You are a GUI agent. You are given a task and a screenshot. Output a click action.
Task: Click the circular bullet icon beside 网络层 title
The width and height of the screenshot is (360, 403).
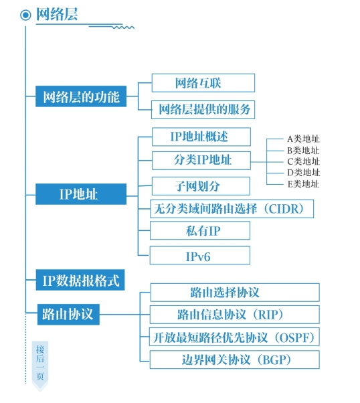25,15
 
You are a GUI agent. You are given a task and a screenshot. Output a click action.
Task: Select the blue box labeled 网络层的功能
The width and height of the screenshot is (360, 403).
81,96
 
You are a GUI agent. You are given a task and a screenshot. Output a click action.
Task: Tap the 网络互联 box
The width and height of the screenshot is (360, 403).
203,83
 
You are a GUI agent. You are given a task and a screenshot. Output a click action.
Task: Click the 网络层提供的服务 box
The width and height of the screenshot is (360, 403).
203,110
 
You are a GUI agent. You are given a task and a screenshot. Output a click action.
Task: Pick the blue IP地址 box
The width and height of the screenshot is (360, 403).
81,194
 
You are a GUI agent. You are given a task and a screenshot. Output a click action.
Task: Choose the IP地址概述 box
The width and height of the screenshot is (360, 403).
201,137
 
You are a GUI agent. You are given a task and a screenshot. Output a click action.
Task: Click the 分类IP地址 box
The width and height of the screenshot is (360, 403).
201,161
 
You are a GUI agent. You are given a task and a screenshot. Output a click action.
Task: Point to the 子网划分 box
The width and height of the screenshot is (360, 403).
201,186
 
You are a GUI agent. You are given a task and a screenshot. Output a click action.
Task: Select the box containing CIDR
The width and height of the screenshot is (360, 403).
232,209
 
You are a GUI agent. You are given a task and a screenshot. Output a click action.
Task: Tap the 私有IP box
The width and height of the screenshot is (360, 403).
200,230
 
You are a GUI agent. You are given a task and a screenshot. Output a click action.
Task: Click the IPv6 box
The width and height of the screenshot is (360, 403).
200,255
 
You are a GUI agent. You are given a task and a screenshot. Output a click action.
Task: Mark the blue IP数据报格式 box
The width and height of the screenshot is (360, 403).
80,280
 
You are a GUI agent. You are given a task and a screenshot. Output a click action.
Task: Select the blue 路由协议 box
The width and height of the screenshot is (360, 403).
68,314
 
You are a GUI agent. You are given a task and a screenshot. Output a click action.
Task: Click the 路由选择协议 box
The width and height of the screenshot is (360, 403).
235,293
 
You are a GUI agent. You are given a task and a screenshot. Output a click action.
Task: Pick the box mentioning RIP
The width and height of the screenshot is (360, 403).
235,315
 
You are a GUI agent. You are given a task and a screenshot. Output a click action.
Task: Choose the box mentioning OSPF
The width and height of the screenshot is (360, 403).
234,337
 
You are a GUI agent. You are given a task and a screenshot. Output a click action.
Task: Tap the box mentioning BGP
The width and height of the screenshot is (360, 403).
235,359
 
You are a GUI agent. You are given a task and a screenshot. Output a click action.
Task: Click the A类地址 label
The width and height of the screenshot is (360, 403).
303,139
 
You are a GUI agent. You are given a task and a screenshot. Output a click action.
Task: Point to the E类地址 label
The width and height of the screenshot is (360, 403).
303,184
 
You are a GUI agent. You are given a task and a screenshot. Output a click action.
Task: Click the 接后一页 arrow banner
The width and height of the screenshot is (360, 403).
40,365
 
